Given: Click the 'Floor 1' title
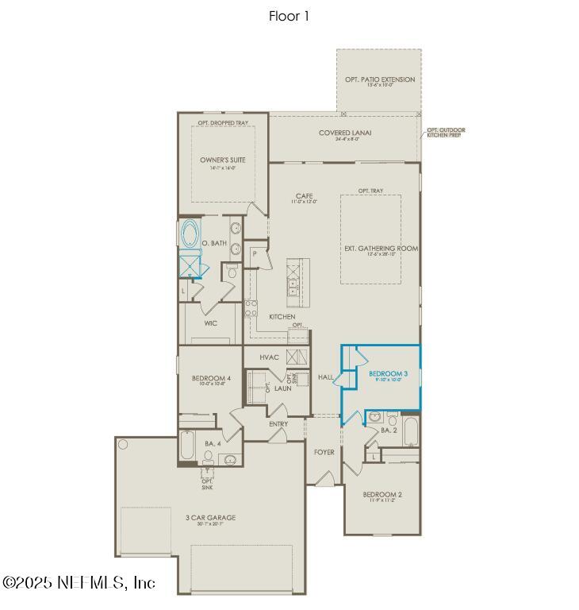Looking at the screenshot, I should [289, 16].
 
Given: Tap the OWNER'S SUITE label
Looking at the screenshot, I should [222, 160].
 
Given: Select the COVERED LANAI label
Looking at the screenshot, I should [345, 133].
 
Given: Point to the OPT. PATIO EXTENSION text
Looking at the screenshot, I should [379, 80].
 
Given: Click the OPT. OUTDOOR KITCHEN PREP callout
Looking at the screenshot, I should [445, 133].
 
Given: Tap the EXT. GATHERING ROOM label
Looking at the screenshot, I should [381, 249].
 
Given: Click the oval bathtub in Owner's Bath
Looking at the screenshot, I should [190, 234].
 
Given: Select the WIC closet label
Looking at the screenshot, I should [210, 323].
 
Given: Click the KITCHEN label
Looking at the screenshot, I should [282, 317].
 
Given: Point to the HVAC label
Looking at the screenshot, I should [270, 357].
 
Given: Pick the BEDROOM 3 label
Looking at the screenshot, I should [388, 373].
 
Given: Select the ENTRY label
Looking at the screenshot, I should [278, 424].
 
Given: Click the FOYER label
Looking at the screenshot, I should [324, 452].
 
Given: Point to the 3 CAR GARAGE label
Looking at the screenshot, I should [210, 519].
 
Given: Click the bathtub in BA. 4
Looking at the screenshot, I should [187, 446].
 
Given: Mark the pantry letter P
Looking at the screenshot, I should [255, 253].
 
